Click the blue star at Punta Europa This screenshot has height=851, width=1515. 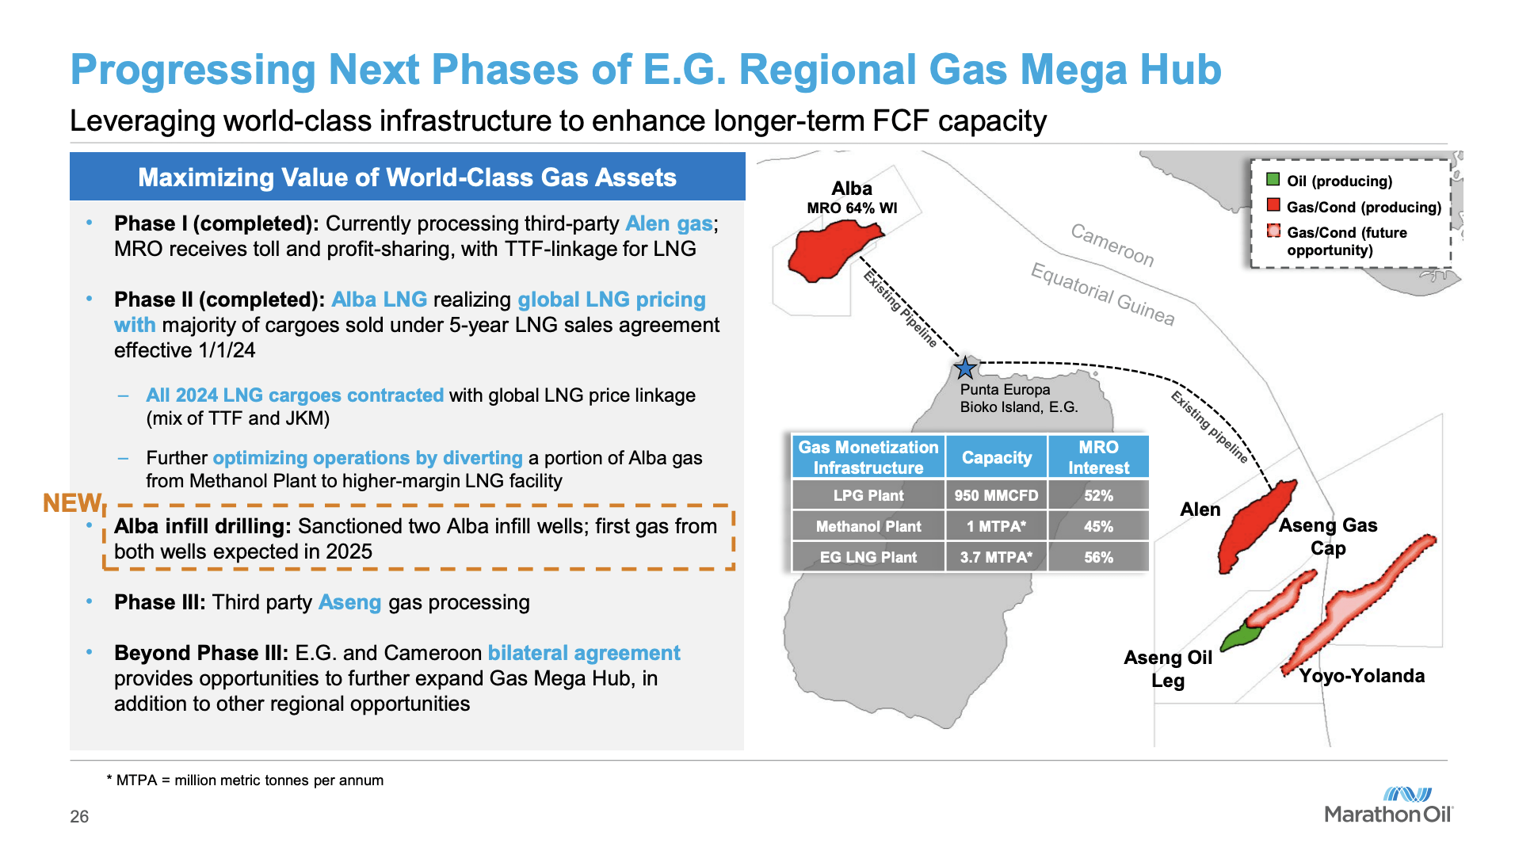964,368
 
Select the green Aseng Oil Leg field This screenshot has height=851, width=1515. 1240,636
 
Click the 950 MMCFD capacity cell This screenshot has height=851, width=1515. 995,495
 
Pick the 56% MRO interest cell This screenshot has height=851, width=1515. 1098,557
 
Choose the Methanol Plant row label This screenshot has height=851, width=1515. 868,526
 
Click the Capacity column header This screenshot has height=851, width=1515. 996,457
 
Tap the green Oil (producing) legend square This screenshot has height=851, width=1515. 1273,180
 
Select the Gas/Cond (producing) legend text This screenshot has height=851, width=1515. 1363,207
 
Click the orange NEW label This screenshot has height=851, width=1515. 71,503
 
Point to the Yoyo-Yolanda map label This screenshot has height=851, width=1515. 1361,676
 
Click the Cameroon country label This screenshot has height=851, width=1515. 1112,245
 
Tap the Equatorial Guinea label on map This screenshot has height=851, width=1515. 1102,294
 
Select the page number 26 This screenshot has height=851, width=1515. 79,816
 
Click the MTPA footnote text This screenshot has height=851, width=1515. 245,780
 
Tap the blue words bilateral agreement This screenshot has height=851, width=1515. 584,653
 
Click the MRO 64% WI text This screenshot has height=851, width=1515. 852,208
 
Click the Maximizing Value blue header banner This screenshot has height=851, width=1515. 406,177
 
